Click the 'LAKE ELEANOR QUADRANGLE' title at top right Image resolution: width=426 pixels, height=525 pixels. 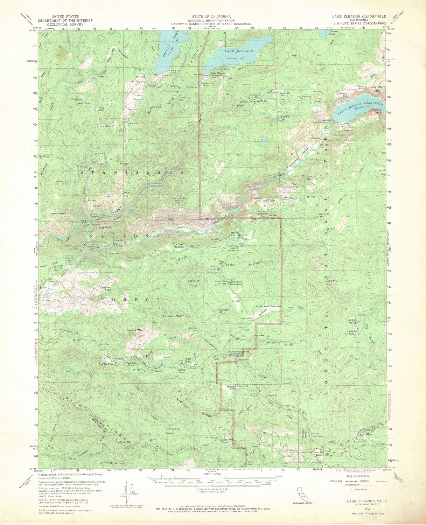point(359,16)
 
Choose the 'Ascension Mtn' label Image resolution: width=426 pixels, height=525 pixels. point(172,316)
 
